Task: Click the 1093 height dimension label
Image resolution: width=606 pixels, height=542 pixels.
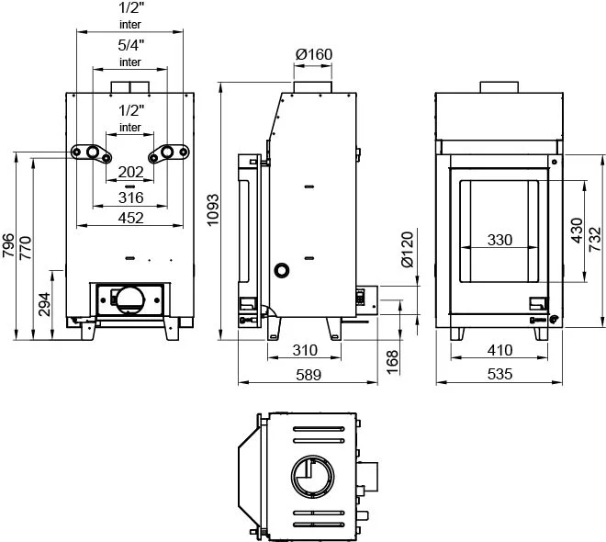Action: pyautogui.click(x=212, y=209)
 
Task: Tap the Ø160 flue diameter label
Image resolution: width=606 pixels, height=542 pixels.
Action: pyautogui.click(x=314, y=54)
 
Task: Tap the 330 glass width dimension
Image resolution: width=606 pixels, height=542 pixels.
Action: pyautogui.click(x=499, y=240)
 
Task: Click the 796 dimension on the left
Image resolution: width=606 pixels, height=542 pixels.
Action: pyautogui.click(x=8, y=248)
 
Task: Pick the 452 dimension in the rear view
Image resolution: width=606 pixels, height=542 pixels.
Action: pyautogui.click(x=131, y=219)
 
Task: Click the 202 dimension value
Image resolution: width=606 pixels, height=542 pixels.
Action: pyautogui.click(x=131, y=172)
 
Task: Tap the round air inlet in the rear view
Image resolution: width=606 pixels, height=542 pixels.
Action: pyautogui.click(x=129, y=299)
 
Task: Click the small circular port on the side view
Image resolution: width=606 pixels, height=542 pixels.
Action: pyautogui.click(x=282, y=270)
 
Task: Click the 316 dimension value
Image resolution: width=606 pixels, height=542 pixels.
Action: pyautogui.click(x=131, y=197)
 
